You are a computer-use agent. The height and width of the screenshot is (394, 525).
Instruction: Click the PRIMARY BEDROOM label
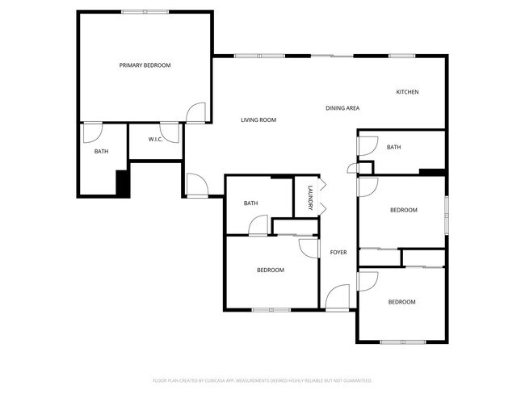(x=145, y=65)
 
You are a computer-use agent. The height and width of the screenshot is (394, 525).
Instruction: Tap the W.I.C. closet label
(x=157, y=140)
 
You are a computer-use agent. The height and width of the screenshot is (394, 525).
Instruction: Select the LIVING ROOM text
(x=258, y=120)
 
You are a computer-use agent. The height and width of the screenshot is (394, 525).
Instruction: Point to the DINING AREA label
(x=342, y=108)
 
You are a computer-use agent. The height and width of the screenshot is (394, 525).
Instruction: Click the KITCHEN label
(x=407, y=92)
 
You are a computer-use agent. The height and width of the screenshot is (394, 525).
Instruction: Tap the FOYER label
(x=338, y=253)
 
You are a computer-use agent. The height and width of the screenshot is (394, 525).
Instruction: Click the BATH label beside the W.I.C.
(x=101, y=151)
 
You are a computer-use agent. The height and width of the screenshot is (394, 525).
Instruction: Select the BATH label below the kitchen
(x=393, y=147)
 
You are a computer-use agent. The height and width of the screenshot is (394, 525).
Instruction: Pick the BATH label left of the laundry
(x=250, y=203)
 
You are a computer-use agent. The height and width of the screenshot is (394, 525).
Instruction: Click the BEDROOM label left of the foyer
(x=271, y=270)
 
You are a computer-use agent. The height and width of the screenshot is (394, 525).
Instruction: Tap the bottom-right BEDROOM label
(x=401, y=302)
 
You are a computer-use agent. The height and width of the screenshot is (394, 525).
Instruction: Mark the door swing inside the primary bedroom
(x=195, y=114)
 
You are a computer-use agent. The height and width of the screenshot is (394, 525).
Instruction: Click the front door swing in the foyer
(x=338, y=296)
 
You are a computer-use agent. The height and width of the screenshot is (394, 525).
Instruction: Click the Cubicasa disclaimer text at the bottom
(x=262, y=379)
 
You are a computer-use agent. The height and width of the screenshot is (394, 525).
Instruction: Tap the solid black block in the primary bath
(x=123, y=183)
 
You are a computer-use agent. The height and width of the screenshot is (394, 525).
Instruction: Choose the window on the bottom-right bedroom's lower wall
(x=402, y=342)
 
